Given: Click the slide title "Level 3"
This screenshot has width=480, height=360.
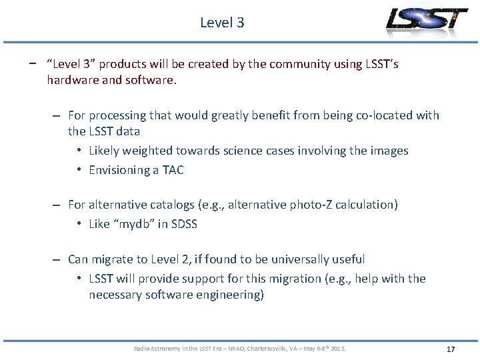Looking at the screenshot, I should point(222,23).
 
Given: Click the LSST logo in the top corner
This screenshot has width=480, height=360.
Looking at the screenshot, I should point(427,21).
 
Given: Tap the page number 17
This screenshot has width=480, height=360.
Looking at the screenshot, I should point(451,349).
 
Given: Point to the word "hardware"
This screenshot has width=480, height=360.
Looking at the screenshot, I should point(73,81).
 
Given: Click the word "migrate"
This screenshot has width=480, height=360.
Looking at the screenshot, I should point(114,259).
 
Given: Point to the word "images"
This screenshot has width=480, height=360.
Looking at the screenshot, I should point(389,151).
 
